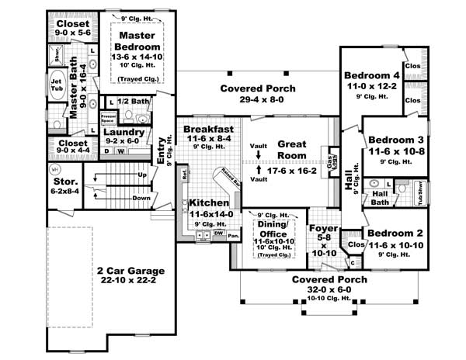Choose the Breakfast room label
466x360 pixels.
click(209, 129)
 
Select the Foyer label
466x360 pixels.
click(321, 229)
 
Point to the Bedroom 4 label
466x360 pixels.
click(370, 74)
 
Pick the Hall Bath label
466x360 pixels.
click(380, 199)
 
